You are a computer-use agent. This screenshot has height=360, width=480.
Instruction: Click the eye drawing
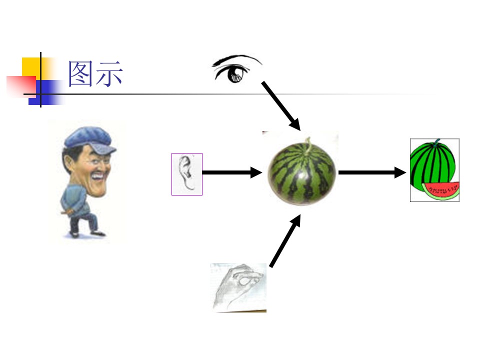(x=236, y=69)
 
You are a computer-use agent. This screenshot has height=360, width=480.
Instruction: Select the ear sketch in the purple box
(x=186, y=174)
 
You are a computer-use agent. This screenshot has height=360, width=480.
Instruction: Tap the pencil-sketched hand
(x=238, y=287)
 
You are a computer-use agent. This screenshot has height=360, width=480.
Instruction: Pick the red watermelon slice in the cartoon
(x=441, y=190)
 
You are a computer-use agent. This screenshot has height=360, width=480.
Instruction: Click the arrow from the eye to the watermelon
(x=281, y=106)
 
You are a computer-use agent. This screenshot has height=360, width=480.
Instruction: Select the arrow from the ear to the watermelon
(x=232, y=172)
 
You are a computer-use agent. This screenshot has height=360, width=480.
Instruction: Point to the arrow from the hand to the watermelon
(x=285, y=240)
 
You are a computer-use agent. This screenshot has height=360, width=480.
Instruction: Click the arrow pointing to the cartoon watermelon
(x=372, y=172)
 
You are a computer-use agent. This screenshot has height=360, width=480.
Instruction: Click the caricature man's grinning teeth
(x=99, y=176)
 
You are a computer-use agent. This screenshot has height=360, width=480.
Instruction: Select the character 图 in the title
(x=80, y=73)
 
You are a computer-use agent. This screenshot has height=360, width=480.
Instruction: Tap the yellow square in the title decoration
(x=33, y=68)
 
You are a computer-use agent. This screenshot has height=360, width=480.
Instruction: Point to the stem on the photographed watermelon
(x=308, y=143)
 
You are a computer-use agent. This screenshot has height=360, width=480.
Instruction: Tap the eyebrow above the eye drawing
(x=236, y=59)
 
